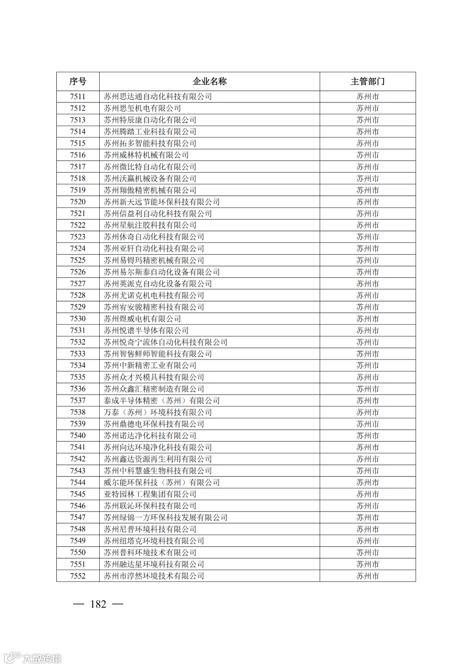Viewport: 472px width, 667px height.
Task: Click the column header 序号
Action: [x=78, y=82]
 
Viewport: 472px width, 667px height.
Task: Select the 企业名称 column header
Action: [x=209, y=82]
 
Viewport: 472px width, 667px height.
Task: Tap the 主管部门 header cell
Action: [x=367, y=82]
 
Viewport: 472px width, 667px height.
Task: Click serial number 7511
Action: [x=78, y=97]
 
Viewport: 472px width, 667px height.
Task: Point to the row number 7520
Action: [x=78, y=202]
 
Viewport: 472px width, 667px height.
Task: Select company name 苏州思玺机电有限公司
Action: [x=142, y=108]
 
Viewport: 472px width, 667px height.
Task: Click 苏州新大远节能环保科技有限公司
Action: [x=162, y=202]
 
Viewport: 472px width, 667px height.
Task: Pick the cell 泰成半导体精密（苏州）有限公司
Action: [x=162, y=401]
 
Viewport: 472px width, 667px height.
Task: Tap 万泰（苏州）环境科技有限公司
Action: [x=158, y=412]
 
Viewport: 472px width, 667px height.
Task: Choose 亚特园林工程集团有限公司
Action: [x=150, y=494]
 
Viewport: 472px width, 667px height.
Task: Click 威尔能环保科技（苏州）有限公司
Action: [x=162, y=482]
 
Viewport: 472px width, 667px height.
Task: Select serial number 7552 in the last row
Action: [x=78, y=576]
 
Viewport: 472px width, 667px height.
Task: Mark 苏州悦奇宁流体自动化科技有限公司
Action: [x=166, y=342]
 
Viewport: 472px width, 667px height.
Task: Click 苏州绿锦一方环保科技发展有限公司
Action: [x=166, y=518]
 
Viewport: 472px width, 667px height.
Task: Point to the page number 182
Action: [x=98, y=604]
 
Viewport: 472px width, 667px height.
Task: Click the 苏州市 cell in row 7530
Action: [x=367, y=319]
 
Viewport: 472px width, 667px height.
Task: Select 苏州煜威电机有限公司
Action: [x=142, y=319]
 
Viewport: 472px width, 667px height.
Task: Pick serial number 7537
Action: [x=78, y=401]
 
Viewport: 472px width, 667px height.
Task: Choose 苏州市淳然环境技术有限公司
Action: [x=154, y=576]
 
